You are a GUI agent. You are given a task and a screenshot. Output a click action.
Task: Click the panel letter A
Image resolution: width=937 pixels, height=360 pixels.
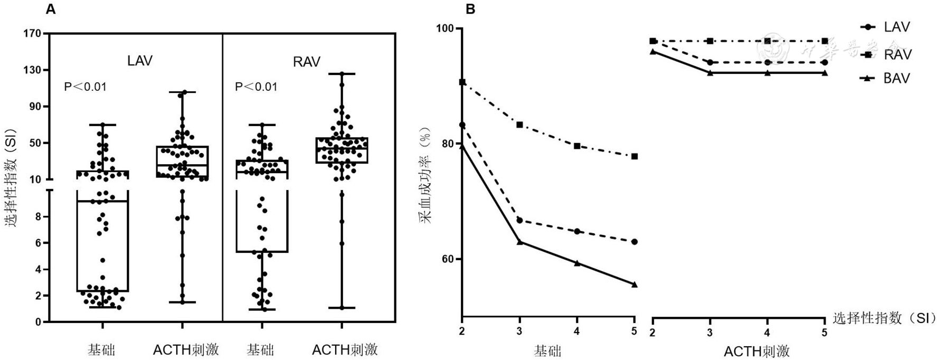(51, 9)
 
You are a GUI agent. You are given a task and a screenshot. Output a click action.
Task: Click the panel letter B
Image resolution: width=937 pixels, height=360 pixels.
(470, 9)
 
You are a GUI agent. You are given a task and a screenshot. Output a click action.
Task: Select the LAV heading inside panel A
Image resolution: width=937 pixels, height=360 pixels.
(140, 61)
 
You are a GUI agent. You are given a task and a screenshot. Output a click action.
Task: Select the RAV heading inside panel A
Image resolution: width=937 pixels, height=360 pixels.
(306, 62)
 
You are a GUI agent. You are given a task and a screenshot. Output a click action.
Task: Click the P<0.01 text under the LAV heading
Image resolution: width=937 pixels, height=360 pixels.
(85, 87)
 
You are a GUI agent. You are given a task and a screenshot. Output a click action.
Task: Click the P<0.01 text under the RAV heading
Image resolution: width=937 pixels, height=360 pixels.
(256, 87)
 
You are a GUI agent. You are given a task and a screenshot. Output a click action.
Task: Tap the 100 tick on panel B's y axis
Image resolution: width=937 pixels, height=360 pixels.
(446, 29)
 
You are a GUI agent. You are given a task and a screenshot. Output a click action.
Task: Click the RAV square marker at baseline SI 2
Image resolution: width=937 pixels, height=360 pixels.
(462, 82)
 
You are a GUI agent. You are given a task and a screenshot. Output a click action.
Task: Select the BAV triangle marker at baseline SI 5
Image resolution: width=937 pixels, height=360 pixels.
(635, 284)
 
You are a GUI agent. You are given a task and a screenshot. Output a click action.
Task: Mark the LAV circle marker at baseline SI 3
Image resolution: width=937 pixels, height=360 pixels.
(519, 220)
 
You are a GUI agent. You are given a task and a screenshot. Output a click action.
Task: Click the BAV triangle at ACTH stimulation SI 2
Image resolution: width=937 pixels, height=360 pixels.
(653, 51)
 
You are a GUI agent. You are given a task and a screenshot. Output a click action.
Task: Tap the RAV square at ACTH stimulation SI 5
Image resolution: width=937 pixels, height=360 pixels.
(825, 41)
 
